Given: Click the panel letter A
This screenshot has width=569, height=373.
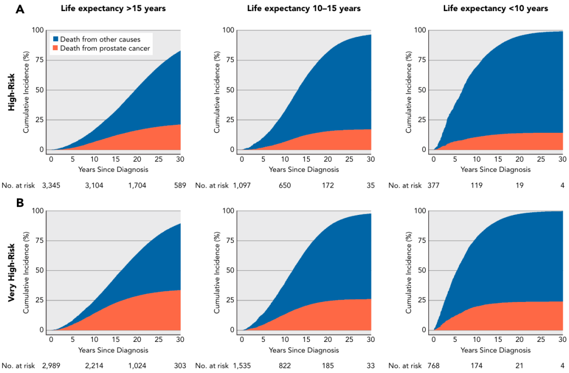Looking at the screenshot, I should coord(20,8).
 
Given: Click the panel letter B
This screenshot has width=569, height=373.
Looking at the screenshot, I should coord(20,202).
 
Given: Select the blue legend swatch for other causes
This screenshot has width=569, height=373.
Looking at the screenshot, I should coord(55,40).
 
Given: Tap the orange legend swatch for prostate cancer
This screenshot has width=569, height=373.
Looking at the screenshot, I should coord(55,48).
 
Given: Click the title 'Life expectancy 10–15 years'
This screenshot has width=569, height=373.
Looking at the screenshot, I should coord(304,8).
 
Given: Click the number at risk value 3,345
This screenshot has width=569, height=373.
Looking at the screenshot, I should coord(51,185).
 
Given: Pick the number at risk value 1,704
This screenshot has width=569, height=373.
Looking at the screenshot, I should coord(137,185).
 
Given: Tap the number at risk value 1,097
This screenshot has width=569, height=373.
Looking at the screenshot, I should coord(243,185).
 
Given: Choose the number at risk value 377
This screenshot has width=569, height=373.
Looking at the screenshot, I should coord(435,185).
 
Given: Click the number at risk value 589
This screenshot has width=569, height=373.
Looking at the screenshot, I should coord(180,185).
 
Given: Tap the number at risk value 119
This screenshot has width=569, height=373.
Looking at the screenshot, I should coord(477,185).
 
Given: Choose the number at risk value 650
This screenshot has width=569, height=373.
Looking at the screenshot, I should coord(285,185).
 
